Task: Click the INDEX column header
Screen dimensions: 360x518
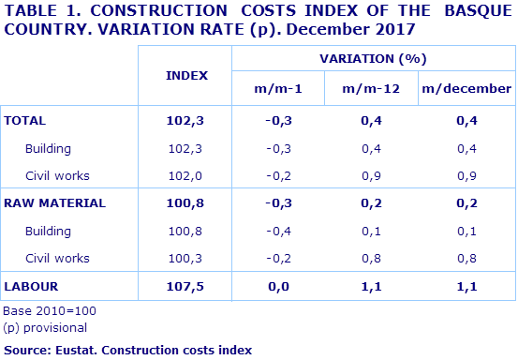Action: (186, 74)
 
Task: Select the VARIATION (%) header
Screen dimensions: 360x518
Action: (372, 58)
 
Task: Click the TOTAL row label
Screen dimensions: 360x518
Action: (25, 121)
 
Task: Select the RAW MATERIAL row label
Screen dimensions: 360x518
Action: (54, 202)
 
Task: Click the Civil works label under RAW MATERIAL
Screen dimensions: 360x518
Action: (57, 258)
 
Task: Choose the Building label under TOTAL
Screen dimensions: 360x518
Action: (48, 148)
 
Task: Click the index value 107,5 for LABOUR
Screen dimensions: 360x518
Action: (186, 285)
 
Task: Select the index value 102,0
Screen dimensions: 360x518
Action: (186, 175)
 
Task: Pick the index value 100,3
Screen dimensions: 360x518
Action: (186, 258)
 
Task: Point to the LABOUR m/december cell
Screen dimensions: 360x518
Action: (466, 285)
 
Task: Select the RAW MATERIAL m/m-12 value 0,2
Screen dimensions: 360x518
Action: (372, 202)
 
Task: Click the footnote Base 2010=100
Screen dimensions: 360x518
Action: (50, 310)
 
